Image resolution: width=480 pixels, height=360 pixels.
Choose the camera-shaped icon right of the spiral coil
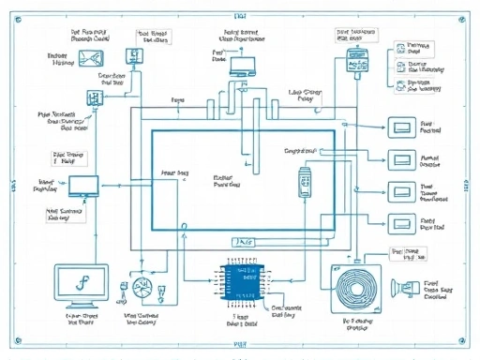point(410,287)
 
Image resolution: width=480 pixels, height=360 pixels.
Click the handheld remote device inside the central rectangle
point(304,182)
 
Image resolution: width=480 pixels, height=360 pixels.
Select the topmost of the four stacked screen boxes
point(401,127)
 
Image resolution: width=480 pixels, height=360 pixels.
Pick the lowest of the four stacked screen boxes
point(401,224)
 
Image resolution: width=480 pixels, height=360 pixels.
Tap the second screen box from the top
point(401,159)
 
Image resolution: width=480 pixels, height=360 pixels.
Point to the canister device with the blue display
point(357,62)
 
